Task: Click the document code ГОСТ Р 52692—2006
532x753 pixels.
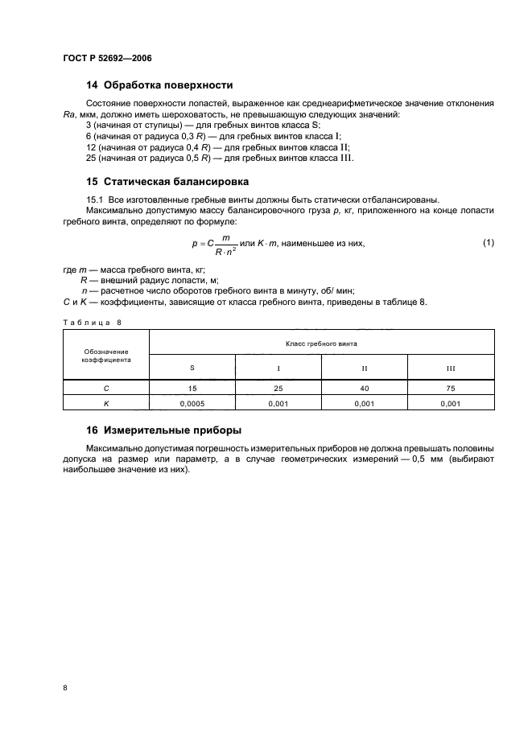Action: (107, 59)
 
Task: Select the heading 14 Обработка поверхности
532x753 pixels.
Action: (159, 84)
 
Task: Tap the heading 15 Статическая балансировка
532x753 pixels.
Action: (167, 181)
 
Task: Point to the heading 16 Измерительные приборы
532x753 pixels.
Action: (164, 430)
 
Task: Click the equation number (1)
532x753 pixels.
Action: (488, 242)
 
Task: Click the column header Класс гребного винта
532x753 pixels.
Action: (322, 342)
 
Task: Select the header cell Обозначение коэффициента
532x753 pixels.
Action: (106, 356)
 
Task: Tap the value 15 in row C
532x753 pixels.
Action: (192, 388)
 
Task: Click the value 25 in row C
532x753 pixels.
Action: (278, 388)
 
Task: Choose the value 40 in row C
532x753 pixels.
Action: (365, 388)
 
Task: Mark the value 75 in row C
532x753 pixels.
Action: (451, 388)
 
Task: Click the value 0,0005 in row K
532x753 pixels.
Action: (192, 403)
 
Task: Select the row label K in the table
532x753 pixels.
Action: (106, 403)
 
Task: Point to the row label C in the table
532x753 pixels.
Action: (106, 388)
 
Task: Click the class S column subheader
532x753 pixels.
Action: (192, 367)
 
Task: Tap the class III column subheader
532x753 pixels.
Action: (451, 368)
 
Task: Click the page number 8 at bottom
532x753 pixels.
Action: (65, 688)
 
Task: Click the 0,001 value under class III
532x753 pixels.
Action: (451, 403)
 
